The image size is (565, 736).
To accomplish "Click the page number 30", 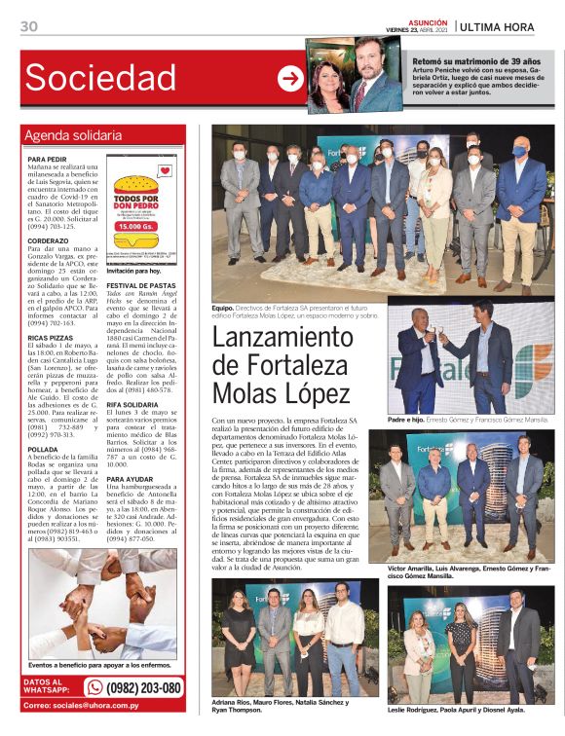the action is pos(29,26).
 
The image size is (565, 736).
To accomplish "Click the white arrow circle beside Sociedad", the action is pos(289,79).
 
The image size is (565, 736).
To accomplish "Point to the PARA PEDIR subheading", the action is pos(48,159).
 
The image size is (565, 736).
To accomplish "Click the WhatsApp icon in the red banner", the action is pos(94,687).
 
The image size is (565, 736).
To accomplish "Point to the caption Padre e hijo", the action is pos(407,420).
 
